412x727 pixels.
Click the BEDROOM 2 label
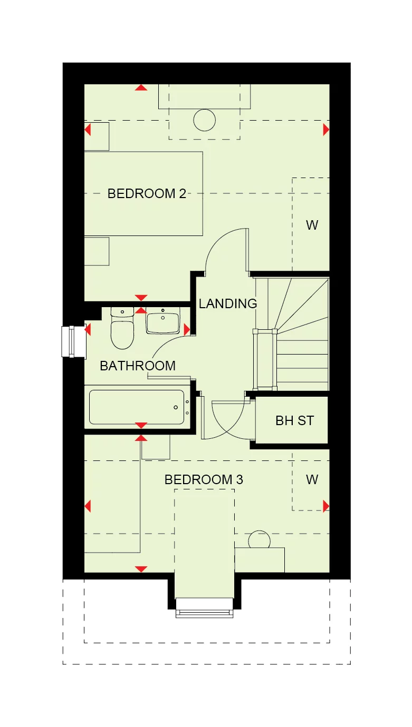coord(147,193)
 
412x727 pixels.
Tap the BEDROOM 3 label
coord(204,480)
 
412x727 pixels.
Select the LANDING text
coord(227,303)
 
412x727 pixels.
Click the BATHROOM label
coord(138,366)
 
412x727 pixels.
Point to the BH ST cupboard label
coord(294,420)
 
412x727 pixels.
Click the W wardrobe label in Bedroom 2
coord(312,225)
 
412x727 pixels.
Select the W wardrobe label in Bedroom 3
coord(312,480)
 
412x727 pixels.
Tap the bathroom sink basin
coord(163,321)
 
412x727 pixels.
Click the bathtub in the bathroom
coord(137,407)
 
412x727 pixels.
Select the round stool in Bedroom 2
coord(204,120)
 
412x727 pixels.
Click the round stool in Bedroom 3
coord(259,540)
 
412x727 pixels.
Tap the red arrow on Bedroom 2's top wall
coord(141,87)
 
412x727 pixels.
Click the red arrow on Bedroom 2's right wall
coord(326,129)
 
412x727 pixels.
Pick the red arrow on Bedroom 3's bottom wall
coord(141,569)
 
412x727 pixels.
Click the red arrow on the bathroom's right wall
coord(187,329)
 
